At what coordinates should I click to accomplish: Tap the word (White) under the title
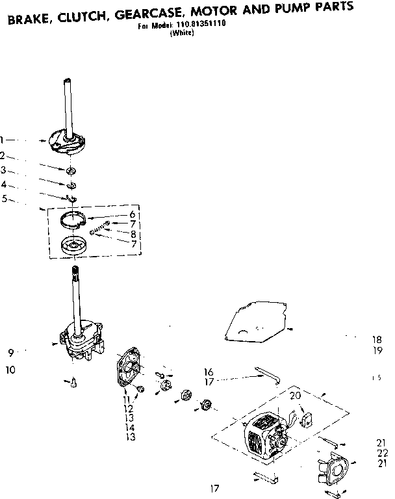click(x=182, y=35)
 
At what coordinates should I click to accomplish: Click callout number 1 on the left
click(x=3, y=139)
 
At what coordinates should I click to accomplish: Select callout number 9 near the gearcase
click(x=11, y=353)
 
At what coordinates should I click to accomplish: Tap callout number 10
click(x=11, y=370)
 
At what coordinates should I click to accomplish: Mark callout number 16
click(x=208, y=372)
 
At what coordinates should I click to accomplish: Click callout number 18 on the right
click(x=377, y=339)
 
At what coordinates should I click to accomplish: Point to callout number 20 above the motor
click(x=295, y=395)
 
